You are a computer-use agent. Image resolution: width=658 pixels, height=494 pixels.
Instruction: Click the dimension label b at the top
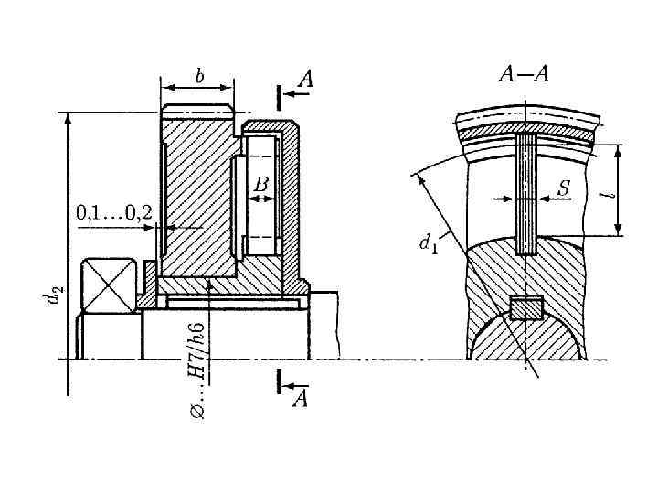pyautogui.click(x=200, y=76)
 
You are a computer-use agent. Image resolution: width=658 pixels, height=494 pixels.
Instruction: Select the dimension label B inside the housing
pyautogui.click(x=261, y=185)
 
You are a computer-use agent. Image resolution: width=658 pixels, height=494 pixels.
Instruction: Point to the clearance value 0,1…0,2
pyautogui.click(x=114, y=213)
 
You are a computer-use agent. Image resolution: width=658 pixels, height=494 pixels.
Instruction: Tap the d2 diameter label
pyautogui.click(x=53, y=293)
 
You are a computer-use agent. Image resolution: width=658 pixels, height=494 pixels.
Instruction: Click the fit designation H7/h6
pyautogui.click(x=198, y=351)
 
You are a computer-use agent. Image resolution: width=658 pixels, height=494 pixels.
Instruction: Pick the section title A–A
pyautogui.click(x=525, y=74)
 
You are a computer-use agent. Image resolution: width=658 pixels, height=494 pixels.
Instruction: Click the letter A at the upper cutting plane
pyautogui.click(x=306, y=79)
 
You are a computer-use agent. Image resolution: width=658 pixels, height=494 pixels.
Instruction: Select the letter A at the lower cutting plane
pyautogui.click(x=301, y=399)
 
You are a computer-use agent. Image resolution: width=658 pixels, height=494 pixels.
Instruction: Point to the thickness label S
pyautogui.click(x=565, y=188)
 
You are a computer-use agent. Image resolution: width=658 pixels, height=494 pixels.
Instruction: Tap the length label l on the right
pyautogui.click(x=612, y=195)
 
